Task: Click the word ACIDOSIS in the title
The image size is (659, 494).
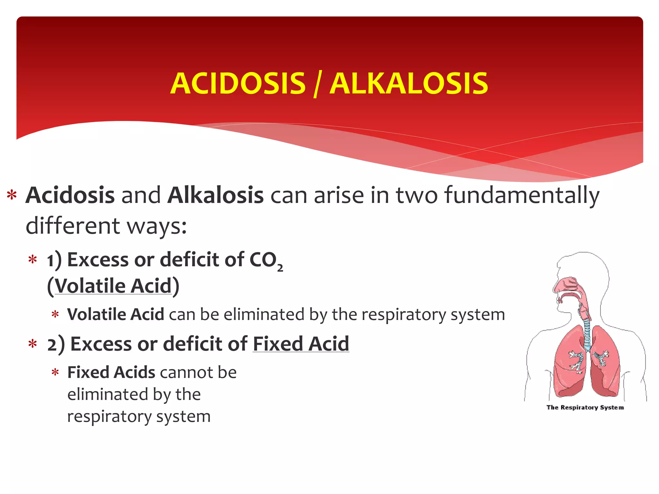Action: click(238, 84)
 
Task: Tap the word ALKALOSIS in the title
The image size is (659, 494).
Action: click(409, 84)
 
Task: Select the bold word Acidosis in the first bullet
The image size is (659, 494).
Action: click(70, 195)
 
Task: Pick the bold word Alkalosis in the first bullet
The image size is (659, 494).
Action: click(216, 195)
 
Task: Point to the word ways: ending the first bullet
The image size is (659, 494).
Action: click(157, 226)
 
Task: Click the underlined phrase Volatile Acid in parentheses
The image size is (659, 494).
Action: click(113, 286)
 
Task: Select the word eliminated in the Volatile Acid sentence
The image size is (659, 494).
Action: click(264, 314)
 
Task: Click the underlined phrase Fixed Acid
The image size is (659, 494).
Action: click(301, 344)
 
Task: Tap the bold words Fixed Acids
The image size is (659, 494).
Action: click(111, 372)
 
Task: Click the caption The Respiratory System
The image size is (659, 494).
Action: click(585, 407)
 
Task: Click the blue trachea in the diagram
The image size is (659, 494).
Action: click(587, 334)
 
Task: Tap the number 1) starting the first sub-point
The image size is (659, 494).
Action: click(54, 260)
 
